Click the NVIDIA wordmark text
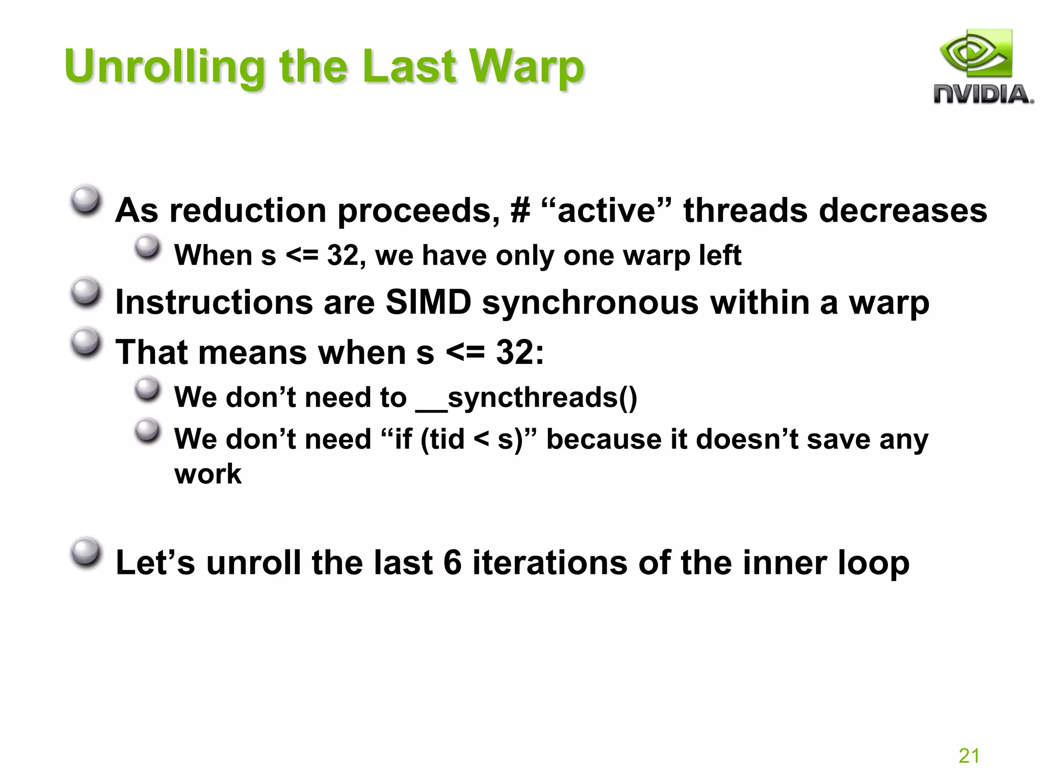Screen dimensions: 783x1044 (x=983, y=95)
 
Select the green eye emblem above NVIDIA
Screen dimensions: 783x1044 (x=975, y=54)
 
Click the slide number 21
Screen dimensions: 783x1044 (x=969, y=755)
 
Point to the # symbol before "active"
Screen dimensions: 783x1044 (x=520, y=211)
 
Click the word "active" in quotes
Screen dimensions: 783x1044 (x=607, y=211)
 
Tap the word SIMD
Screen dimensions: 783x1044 (x=428, y=302)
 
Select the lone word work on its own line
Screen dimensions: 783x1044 (x=207, y=474)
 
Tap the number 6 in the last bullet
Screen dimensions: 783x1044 (x=452, y=563)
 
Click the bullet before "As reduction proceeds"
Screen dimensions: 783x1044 (x=85, y=202)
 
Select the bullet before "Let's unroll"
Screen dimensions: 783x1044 (x=85, y=553)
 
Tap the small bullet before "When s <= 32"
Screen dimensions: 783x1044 (x=147, y=247)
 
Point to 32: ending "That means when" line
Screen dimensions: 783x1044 (x=520, y=352)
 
